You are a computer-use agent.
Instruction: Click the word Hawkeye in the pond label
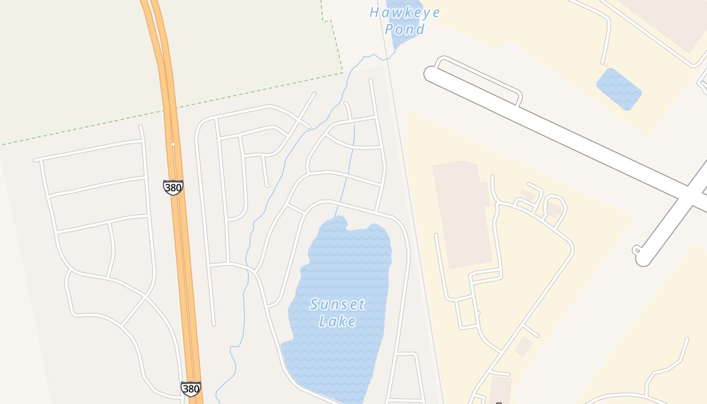[x=405, y=13]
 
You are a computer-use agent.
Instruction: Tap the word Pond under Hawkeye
[x=405, y=29]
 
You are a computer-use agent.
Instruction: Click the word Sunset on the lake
[x=337, y=305]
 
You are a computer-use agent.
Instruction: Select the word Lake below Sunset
[x=337, y=321]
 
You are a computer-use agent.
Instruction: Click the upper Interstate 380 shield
[x=173, y=187]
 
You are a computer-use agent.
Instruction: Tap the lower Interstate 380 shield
[x=190, y=388]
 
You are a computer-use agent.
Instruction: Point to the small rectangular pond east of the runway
[x=619, y=89]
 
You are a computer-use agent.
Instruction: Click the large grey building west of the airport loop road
[x=462, y=215]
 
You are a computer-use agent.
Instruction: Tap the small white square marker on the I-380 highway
[x=173, y=144]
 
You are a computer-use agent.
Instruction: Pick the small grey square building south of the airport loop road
[x=523, y=346]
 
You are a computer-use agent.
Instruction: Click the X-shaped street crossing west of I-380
[x=145, y=296]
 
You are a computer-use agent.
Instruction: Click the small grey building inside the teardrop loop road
[x=554, y=209]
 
